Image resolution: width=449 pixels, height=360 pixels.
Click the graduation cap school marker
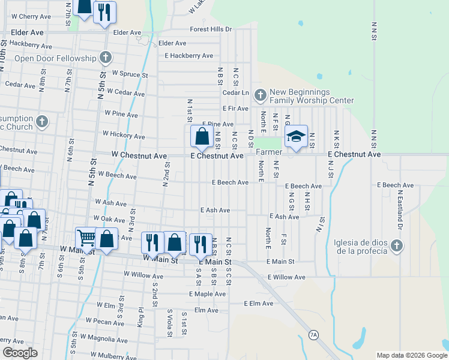coord(296,137)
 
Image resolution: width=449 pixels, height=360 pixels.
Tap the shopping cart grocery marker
coord(86,239)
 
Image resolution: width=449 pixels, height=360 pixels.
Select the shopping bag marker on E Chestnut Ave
coord(202,137)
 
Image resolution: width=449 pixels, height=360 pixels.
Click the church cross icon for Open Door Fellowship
coord(106,58)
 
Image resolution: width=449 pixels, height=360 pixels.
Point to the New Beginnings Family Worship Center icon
coord(261,95)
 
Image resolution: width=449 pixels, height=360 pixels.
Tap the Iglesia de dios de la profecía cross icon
coord(396,245)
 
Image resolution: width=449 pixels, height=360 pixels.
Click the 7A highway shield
coord(313,335)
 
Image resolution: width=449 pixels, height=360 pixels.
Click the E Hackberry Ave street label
coord(189,56)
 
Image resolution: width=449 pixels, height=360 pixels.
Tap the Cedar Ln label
coord(235,93)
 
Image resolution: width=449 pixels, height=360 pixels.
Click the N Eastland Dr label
coord(399,210)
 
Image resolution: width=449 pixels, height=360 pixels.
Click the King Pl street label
coord(140,314)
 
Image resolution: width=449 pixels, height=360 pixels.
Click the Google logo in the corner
coord(20,353)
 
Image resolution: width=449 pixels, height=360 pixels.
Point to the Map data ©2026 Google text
coord(411,355)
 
